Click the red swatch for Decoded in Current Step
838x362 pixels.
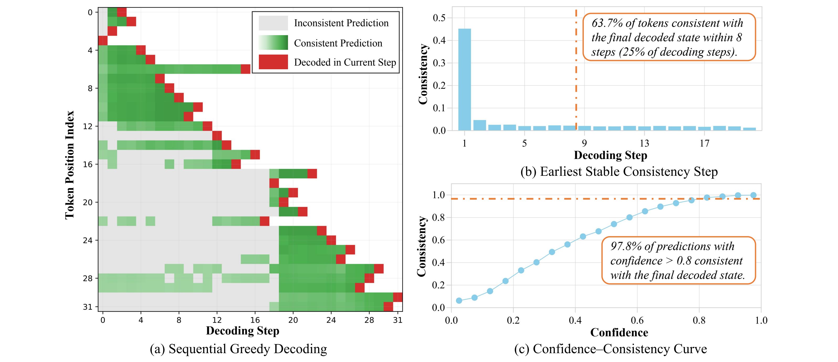(x=273, y=62)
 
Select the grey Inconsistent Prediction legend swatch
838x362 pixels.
(x=273, y=23)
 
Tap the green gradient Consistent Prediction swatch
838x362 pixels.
(x=273, y=42)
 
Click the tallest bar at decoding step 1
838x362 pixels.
(x=464, y=80)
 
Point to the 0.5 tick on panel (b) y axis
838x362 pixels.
(x=439, y=18)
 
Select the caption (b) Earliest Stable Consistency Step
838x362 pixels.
(x=619, y=172)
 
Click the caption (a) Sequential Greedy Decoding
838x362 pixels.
(x=238, y=349)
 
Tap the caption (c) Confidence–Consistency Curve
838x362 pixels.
(x=610, y=349)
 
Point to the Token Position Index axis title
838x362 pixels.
(x=70, y=165)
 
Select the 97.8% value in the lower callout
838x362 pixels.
(x=626, y=246)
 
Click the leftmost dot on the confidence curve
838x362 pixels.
(x=459, y=301)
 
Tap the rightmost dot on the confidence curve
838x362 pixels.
(x=753, y=195)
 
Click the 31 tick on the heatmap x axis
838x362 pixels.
(x=397, y=320)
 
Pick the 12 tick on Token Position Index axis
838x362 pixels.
(x=88, y=126)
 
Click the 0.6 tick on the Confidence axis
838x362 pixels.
(x=637, y=320)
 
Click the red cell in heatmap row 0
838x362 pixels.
(x=122, y=12)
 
